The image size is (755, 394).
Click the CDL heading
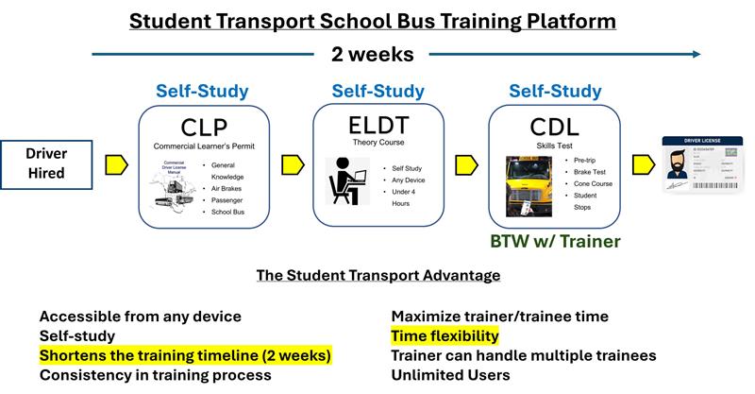point(553,126)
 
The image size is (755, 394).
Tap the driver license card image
point(702,166)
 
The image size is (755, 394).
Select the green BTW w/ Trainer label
point(554,242)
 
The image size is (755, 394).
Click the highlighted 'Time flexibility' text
point(445,335)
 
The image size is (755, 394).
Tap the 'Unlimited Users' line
point(451,375)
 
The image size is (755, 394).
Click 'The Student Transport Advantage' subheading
point(377,275)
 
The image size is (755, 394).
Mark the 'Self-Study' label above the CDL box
point(554,92)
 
